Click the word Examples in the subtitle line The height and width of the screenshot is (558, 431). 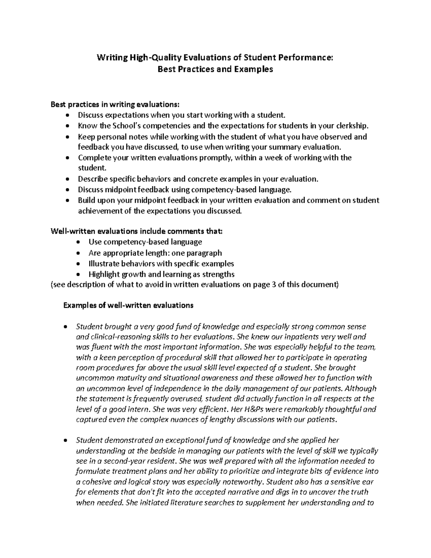(x=254, y=69)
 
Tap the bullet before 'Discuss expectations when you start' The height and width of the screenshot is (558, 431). (x=68, y=116)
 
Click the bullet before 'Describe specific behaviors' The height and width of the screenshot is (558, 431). (x=68, y=179)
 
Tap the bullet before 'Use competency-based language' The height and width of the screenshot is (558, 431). (x=79, y=243)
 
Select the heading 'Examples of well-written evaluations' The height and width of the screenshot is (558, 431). (x=128, y=305)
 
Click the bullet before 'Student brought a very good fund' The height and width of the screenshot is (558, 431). (x=65, y=327)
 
